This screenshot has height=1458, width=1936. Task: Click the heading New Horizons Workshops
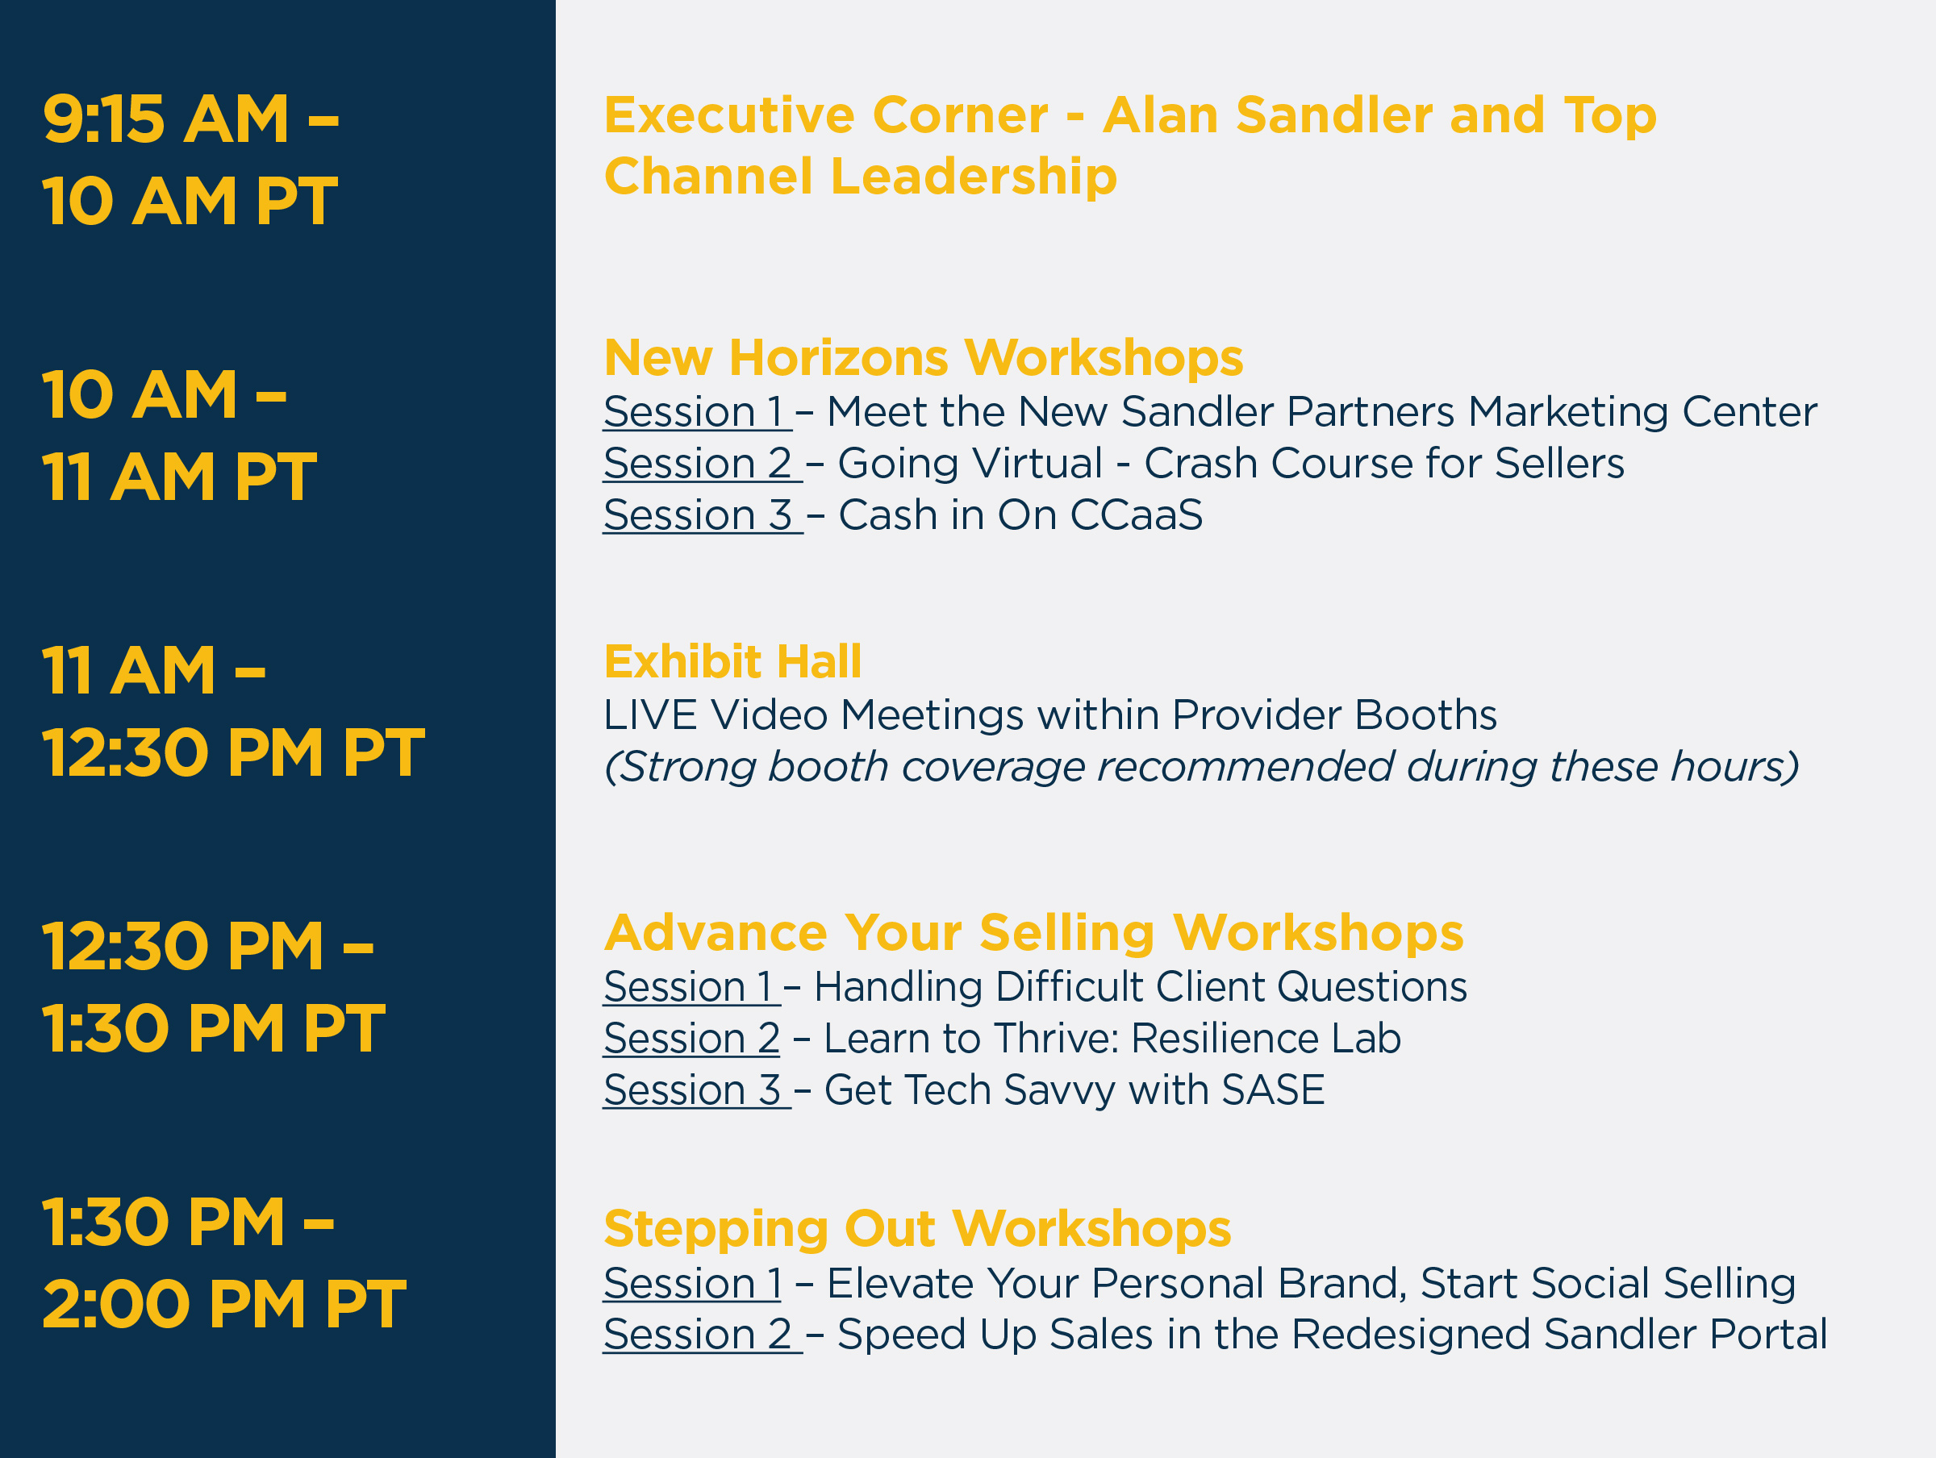(x=924, y=358)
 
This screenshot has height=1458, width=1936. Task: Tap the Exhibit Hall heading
(x=732, y=661)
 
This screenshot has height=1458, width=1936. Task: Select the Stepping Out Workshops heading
(x=917, y=1229)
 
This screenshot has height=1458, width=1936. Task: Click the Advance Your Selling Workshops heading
(x=1033, y=933)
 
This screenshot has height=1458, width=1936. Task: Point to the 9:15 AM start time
(x=165, y=119)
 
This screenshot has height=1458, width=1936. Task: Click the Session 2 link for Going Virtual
(x=698, y=464)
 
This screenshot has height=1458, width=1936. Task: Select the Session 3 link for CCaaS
(x=698, y=515)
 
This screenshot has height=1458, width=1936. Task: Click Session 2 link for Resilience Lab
(x=691, y=1039)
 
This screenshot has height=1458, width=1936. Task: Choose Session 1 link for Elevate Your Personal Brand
(x=692, y=1284)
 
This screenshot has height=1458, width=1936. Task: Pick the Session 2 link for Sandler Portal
(x=698, y=1335)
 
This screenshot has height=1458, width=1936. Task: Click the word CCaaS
(x=1136, y=515)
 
